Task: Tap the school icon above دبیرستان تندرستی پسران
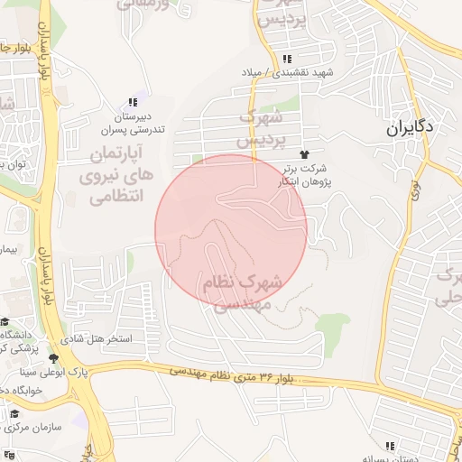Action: (133, 103)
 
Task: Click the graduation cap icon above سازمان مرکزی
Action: (14, 415)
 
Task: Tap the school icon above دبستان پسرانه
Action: (390, 445)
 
